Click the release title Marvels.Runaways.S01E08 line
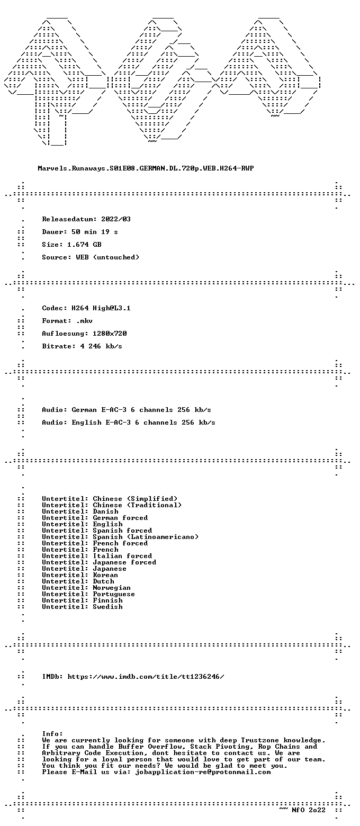tap(146, 168)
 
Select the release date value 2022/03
tap(116, 219)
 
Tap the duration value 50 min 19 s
tap(95, 232)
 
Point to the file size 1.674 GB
tap(84, 245)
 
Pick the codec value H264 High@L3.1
tap(101, 308)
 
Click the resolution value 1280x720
tap(110, 334)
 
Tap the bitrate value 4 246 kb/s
tap(101, 346)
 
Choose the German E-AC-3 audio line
tap(127, 410)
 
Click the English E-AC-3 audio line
tap(129, 423)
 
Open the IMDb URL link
tap(146, 677)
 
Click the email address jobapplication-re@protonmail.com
tap(203, 773)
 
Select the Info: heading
tap(52, 734)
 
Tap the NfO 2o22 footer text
tap(309, 810)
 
